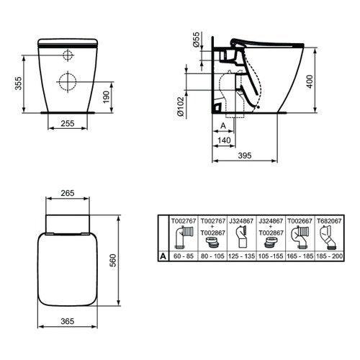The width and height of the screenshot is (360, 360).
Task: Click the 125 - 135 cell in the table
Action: [242, 254]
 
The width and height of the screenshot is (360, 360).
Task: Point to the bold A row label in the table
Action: [163, 254]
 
